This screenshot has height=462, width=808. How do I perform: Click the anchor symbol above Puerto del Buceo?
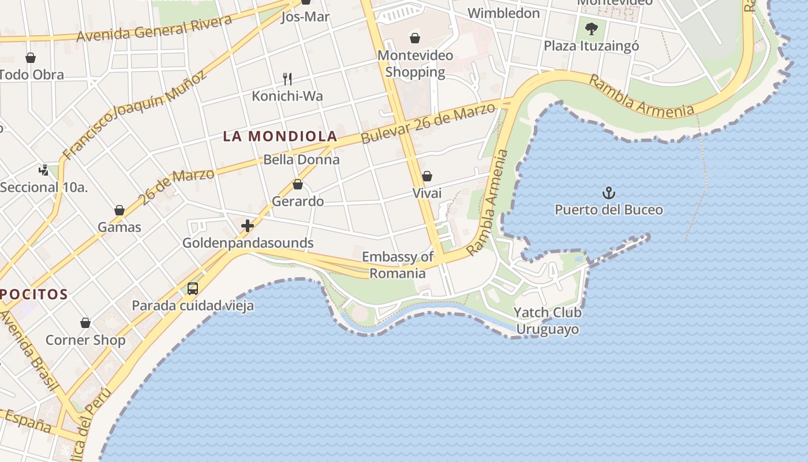(x=609, y=193)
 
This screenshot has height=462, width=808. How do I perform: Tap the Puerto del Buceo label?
(x=609, y=210)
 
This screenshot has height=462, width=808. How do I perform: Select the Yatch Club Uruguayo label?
(x=547, y=321)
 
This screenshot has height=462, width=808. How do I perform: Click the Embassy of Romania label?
(x=398, y=265)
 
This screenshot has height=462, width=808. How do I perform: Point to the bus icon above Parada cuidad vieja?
(x=193, y=288)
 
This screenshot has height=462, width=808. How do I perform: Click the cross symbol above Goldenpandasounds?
(x=248, y=226)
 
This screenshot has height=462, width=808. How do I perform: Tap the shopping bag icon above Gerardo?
(x=298, y=184)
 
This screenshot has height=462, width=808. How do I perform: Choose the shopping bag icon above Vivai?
(x=427, y=176)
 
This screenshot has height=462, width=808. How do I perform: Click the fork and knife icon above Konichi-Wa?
(x=287, y=79)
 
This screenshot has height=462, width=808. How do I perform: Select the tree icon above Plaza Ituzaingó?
(x=591, y=28)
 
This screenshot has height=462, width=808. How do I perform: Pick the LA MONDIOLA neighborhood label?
(x=280, y=136)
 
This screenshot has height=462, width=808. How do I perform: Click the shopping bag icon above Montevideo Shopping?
(x=415, y=39)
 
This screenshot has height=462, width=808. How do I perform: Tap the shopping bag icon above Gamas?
(x=119, y=210)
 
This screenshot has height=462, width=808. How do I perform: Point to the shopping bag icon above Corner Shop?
(x=85, y=323)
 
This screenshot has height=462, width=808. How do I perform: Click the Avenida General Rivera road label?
(x=155, y=28)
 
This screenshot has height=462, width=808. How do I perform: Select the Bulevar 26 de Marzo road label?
(x=428, y=122)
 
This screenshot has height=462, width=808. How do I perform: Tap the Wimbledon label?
(x=504, y=13)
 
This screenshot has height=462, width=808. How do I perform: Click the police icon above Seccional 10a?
(x=44, y=170)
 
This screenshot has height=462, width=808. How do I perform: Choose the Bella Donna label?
(x=301, y=159)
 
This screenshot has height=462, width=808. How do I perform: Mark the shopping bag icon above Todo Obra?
(x=31, y=58)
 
